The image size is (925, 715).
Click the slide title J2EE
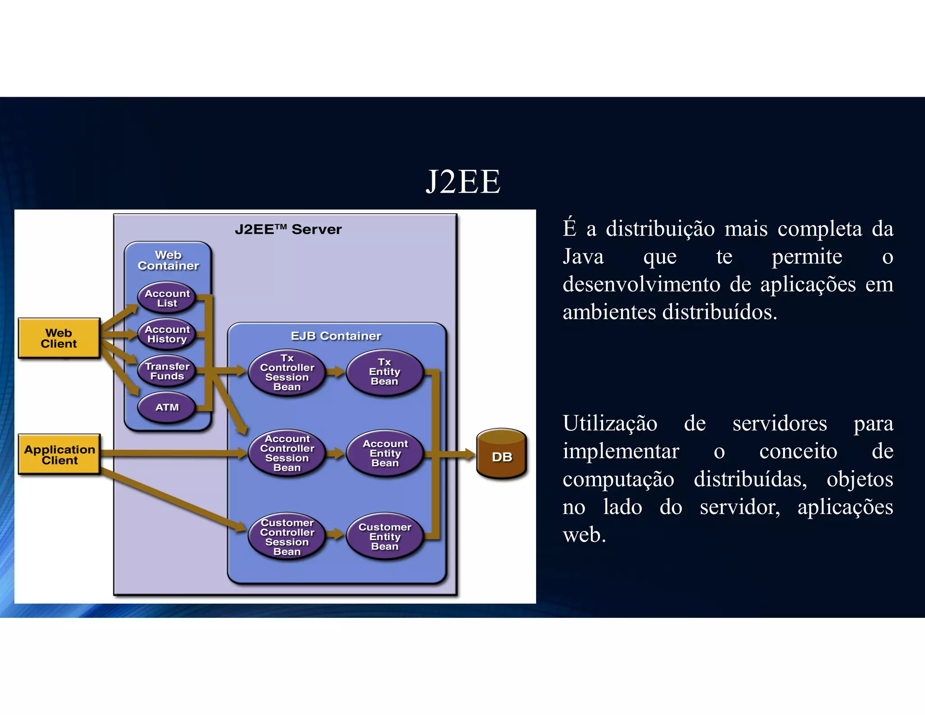463,182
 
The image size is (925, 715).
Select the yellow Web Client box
59,338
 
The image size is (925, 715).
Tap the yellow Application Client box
59,454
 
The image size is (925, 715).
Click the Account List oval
167,298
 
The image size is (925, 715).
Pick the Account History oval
167,334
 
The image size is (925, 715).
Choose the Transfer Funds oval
167,371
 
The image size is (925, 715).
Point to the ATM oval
167,407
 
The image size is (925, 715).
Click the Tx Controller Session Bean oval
287,372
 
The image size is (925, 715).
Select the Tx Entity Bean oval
385,372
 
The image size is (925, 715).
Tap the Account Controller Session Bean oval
287,453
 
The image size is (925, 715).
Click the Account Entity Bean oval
385,453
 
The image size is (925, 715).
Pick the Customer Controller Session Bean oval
287,537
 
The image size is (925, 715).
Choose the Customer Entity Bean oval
385,536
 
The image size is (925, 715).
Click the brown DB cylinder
502,454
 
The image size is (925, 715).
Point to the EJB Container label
336,336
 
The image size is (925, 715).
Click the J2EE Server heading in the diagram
288,229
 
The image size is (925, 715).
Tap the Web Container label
168,260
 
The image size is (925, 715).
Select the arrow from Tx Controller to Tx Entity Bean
336,372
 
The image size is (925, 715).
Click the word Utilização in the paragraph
610,423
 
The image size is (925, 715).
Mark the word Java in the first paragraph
583,257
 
